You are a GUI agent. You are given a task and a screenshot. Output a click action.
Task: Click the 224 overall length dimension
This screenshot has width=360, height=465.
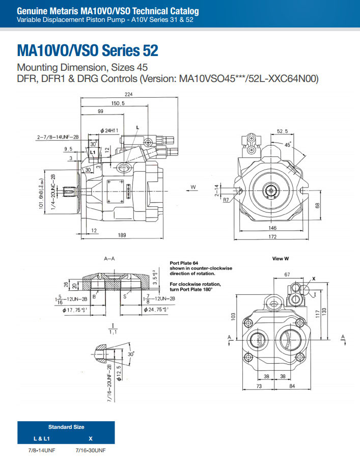pyautogui.click(x=129, y=94)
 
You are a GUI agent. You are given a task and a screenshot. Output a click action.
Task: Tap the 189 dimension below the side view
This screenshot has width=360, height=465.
pyautogui.click(x=122, y=235)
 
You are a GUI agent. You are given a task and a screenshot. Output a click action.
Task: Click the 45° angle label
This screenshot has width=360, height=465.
pyautogui.click(x=288, y=145)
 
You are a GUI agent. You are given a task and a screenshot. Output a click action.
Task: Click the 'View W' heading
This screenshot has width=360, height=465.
pyautogui.click(x=280, y=259)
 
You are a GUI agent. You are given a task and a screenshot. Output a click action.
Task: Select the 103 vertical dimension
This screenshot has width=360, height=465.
pyautogui.click(x=233, y=316)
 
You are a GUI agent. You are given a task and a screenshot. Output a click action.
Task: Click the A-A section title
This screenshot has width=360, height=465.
pyautogui.click(x=109, y=259)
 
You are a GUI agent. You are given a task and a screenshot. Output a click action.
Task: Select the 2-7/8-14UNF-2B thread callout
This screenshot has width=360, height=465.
pyautogui.click(x=58, y=137)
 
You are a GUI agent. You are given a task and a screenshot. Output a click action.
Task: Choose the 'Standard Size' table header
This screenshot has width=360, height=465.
pyautogui.click(x=66, y=427)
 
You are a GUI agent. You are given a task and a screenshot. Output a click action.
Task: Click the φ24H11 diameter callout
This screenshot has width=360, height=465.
pyautogui.click(x=109, y=131)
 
